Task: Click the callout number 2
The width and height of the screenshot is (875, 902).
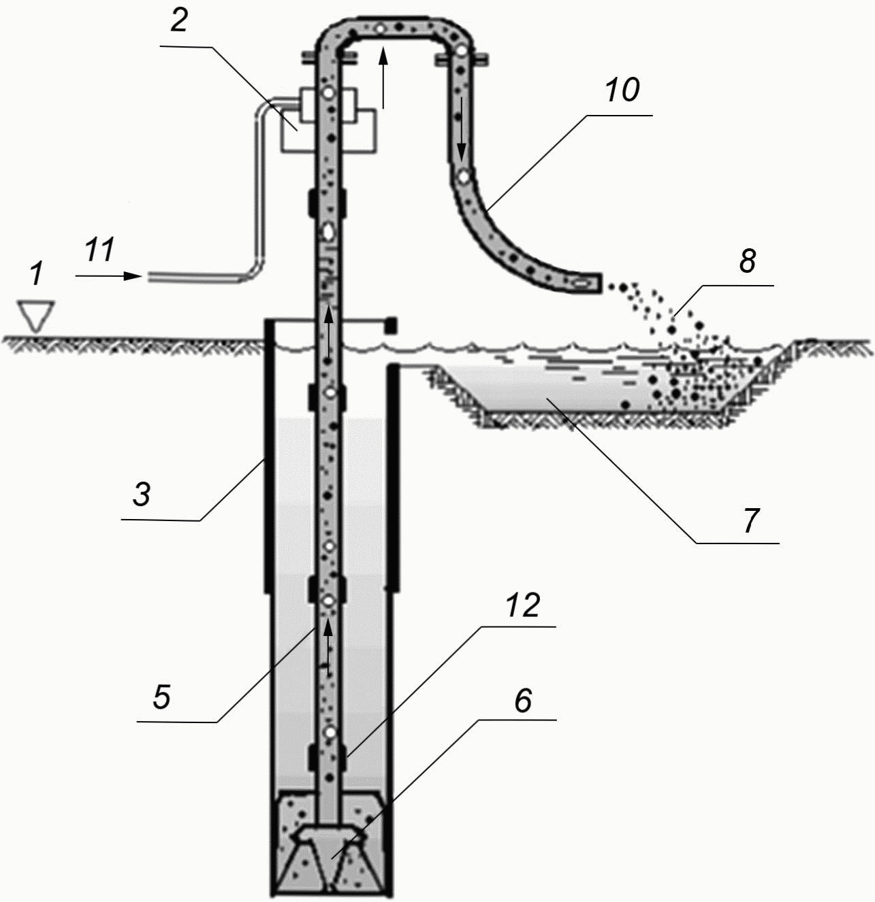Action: click(179, 21)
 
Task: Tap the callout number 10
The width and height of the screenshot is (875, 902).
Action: click(622, 90)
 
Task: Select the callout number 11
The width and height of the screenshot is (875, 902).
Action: click(100, 250)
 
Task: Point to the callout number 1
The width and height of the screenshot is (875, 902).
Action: click(36, 273)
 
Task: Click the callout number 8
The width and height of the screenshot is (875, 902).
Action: click(748, 261)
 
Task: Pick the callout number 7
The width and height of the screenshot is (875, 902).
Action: click(750, 521)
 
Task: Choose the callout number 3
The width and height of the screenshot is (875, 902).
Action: click(142, 494)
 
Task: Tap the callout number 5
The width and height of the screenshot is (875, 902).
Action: click(162, 696)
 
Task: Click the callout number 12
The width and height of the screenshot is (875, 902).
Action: click(523, 605)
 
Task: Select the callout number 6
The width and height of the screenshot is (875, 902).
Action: click(523, 701)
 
